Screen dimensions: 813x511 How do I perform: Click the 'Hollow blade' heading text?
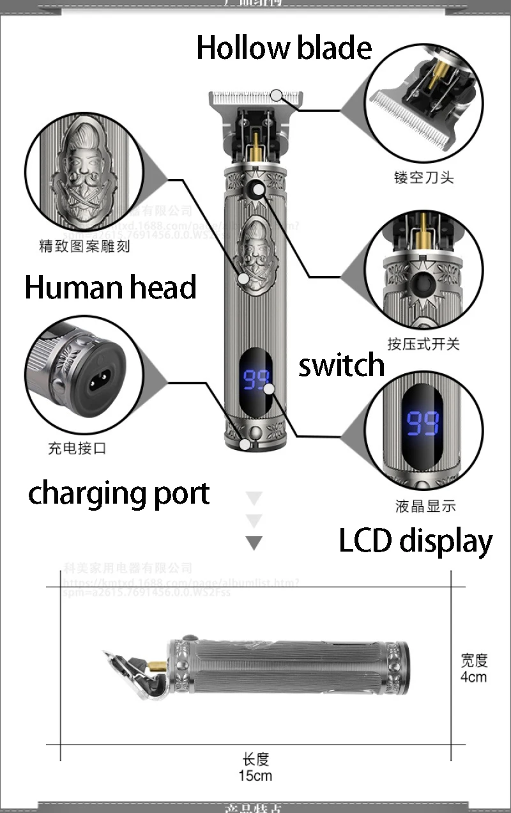(x=284, y=48)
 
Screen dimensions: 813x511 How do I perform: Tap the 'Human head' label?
(x=110, y=287)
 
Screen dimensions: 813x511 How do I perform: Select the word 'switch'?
(x=342, y=366)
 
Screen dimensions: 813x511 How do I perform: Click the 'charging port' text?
(x=119, y=494)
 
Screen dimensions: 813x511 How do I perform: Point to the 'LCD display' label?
(x=415, y=541)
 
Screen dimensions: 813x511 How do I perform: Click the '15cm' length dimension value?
(x=256, y=776)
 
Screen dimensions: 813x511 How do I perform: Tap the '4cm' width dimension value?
(x=473, y=676)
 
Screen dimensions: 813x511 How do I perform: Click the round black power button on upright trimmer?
(x=257, y=189)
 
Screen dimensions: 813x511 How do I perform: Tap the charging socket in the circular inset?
(x=94, y=382)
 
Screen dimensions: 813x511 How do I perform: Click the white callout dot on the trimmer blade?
(x=276, y=95)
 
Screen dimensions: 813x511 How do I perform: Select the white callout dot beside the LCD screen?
(x=269, y=388)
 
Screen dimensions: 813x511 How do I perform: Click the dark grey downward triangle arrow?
(x=254, y=543)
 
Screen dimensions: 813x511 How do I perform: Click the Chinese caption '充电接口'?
(x=77, y=448)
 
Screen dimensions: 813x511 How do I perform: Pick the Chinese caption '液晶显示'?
(x=425, y=506)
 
